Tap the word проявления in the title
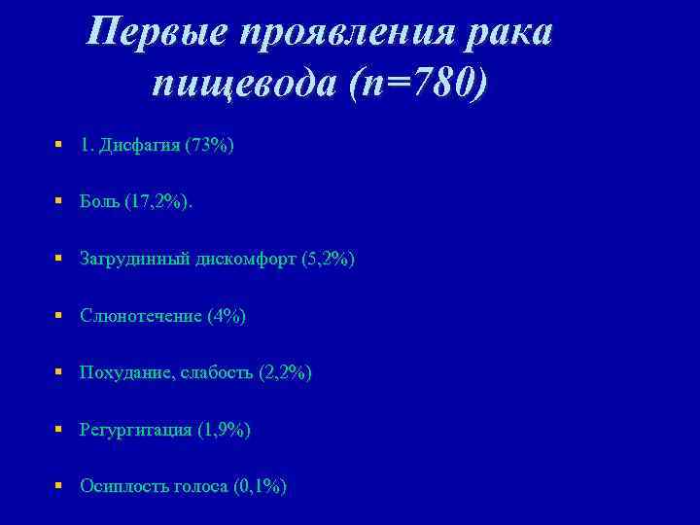click(346, 32)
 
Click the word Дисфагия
click(139, 146)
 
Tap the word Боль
click(101, 202)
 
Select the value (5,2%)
click(328, 260)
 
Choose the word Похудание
click(124, 372)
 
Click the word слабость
click(215, 372)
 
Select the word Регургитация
click(136, 429)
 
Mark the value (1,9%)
click(224, 429)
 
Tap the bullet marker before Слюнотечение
click(59, 315)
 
